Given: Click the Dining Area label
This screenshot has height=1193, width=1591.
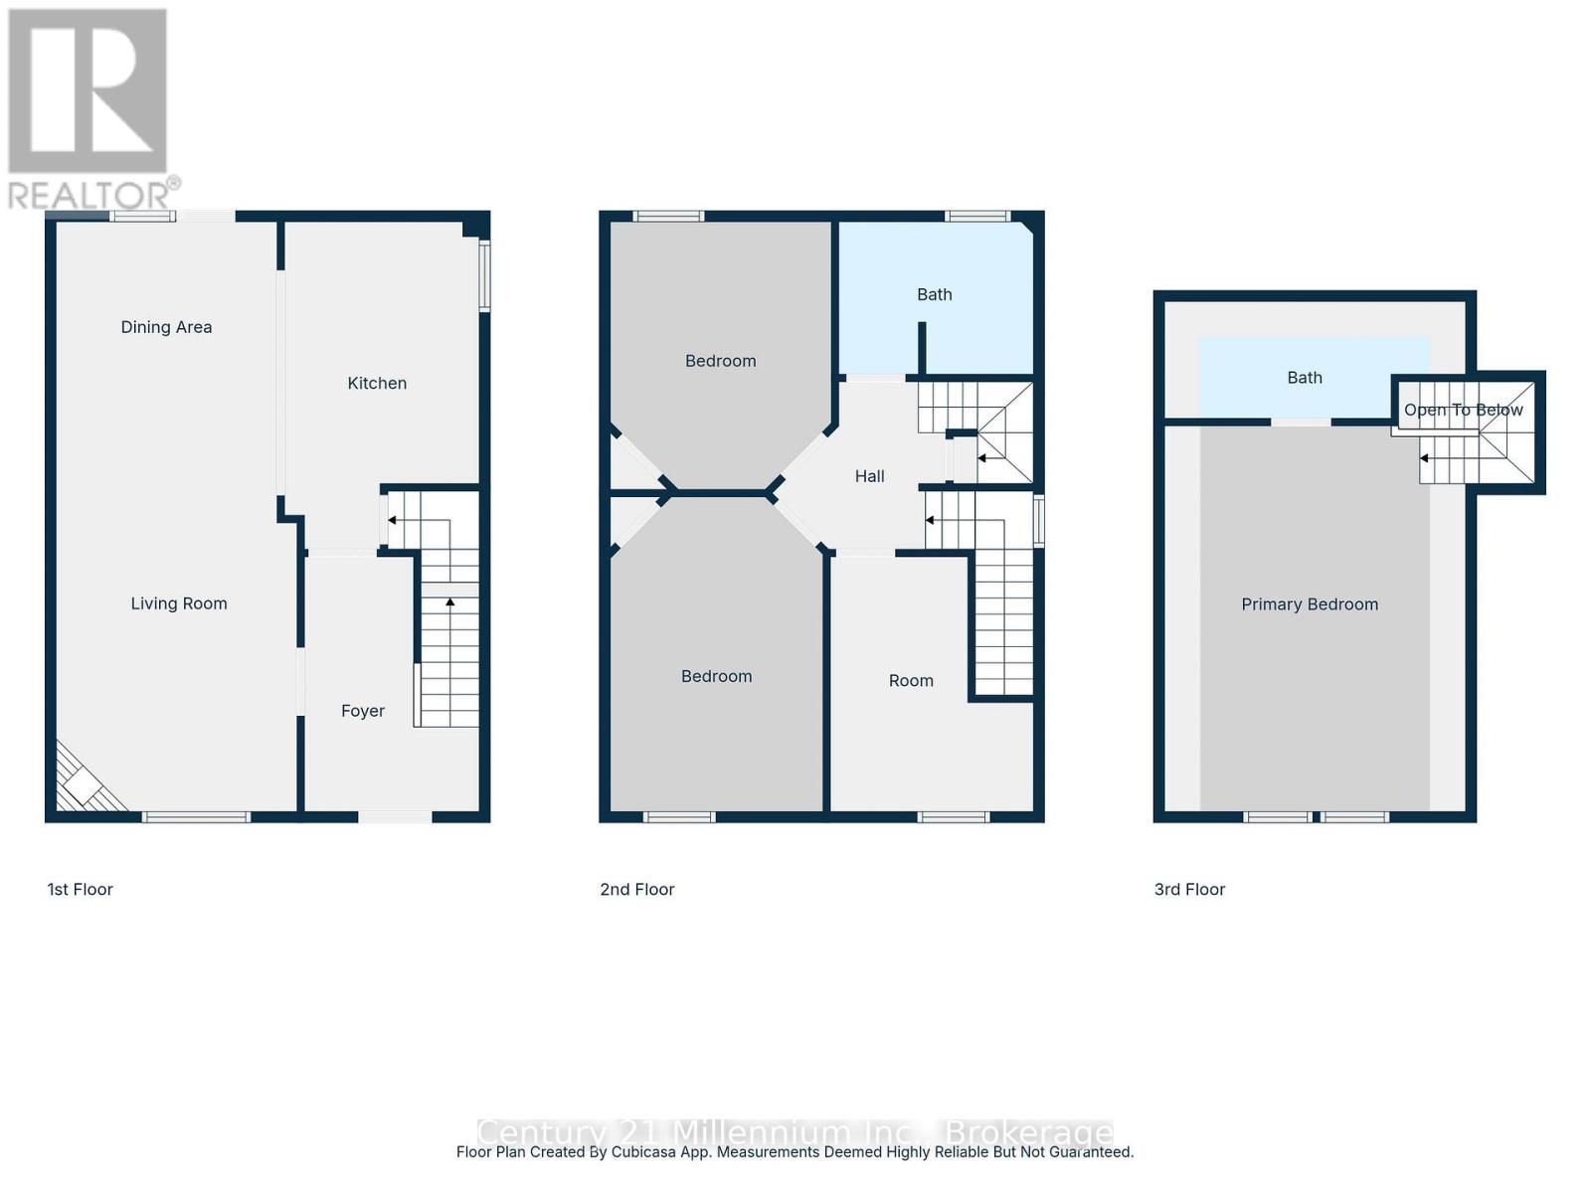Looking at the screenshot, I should (x=166, y=327).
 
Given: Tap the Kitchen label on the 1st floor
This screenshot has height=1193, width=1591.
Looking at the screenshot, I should (x=377, y=383).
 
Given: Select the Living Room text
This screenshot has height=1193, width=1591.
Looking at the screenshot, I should (x=179, y=603).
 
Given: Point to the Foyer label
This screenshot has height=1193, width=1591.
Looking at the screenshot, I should (x=362, y=711).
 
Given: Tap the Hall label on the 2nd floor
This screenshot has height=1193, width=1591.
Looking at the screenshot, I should (x=869, y=476).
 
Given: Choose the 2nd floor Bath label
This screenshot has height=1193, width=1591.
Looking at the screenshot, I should (x=934, y=294).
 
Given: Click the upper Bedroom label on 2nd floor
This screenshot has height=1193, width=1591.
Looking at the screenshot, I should (x=720, y=361).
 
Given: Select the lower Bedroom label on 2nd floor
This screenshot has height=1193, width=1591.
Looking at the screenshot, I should (x=716, y=676).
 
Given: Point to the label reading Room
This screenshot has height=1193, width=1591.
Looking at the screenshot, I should (x=911, y=681).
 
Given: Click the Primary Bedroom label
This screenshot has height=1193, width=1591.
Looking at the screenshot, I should (x=1310, y=604).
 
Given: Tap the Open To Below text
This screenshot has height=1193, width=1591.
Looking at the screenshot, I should (x=1463, y=410).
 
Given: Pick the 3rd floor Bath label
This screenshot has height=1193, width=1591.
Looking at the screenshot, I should (x=1305, y=378).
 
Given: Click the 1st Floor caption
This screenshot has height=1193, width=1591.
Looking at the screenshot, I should (x=81, y=890).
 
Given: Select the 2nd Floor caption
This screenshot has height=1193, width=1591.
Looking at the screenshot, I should (x=637, y=890).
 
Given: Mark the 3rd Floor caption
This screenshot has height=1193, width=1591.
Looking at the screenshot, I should (x=1189, y=890).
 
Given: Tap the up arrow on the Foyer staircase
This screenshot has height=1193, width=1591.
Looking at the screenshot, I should (x=449, y=602).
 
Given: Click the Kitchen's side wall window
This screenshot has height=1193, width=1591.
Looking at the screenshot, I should (x=485, y=276).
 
